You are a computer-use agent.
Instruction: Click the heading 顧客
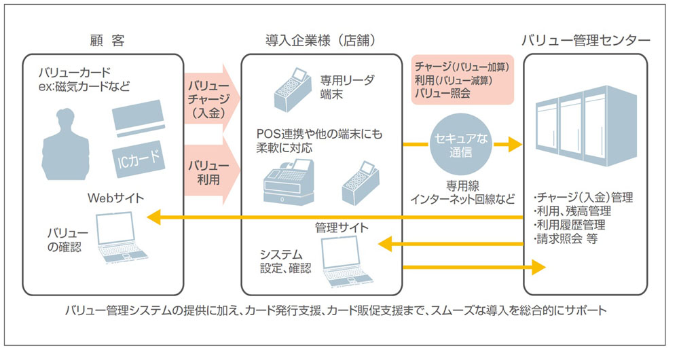click(107, 40)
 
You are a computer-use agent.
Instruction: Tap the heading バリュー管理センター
click(585, 40)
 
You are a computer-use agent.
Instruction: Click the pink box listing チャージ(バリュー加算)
click(463, 80)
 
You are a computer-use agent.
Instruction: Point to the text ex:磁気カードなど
click(84, 87)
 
